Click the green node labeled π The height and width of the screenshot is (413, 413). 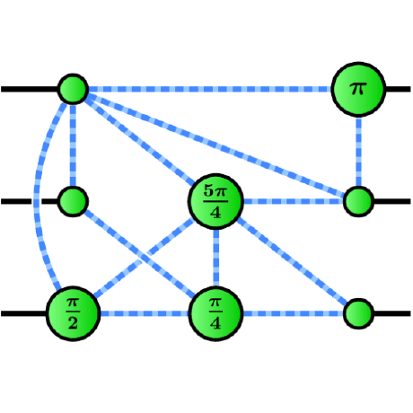(x=358, y=89)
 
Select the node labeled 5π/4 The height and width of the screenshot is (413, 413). (x=215, y=200)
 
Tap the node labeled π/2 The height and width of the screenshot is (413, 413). (x=73, y=312)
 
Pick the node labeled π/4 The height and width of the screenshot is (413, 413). (x=215, y=312)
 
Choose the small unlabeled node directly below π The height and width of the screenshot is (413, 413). (x=358, y=200)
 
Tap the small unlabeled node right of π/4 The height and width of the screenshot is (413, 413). (x=358, y=312)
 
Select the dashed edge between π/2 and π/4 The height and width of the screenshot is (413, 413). (x=144, y=312)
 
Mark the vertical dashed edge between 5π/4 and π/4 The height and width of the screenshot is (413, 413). (x=215, y=258)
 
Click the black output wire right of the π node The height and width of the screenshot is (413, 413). (x=398, y=89)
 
